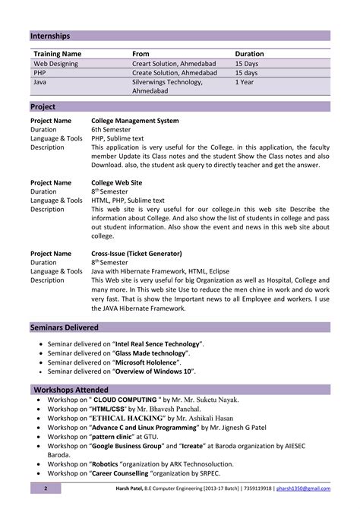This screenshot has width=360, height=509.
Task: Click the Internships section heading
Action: coord(50,36)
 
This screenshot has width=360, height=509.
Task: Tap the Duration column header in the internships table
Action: coord(249,54)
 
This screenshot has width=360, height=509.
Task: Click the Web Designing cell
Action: coord(56,64)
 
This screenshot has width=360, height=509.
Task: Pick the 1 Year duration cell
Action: coord(245,81)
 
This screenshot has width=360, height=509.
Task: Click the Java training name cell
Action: coord(40,81)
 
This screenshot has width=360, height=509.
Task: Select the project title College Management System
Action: coord(135,120)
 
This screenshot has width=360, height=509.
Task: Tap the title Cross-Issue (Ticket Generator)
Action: coord(137,253)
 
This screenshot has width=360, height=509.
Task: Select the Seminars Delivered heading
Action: coord(65,327)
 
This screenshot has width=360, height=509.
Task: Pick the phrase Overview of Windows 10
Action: coord(154,371)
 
